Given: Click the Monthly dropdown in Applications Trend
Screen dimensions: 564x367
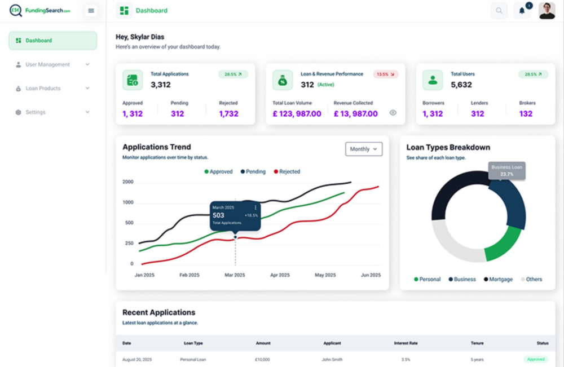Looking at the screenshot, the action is [x=364, y=149].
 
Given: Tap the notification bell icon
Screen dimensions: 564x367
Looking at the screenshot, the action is [x=522, y=11].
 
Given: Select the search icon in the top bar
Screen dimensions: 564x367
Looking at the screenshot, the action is [x=499, y=11].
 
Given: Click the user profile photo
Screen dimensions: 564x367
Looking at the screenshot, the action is [x=547, y=10].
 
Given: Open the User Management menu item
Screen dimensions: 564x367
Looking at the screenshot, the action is [x=52, y=64].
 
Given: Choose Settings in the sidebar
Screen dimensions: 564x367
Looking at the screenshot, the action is [x=52, y=112].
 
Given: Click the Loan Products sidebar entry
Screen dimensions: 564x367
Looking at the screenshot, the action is [x=52, y=88].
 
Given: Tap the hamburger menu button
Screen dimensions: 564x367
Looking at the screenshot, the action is [x=91, y=11].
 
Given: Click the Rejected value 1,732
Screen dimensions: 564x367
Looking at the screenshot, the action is [x=229, y=113].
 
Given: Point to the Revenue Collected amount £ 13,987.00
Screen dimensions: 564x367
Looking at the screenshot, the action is [x=356, y=113].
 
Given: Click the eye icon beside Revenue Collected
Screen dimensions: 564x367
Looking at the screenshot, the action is [x=393, y=113].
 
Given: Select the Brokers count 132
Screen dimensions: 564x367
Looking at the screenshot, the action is [x=526, y=113].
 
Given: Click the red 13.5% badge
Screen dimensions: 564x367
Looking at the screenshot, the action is [x=386, y=74].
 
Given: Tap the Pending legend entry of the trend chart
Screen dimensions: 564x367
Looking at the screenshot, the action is [x=253, y=171].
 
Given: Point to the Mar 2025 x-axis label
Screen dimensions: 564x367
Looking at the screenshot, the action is [x=235, y=275].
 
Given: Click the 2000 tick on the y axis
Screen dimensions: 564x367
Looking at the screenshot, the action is [x=128, y=182].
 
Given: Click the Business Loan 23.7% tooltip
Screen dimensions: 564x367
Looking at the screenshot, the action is [x=506, y=171].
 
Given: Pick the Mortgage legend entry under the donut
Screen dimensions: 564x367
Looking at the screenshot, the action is [x=498, y=279].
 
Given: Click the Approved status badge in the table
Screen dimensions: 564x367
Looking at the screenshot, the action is [x=536, y=359].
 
